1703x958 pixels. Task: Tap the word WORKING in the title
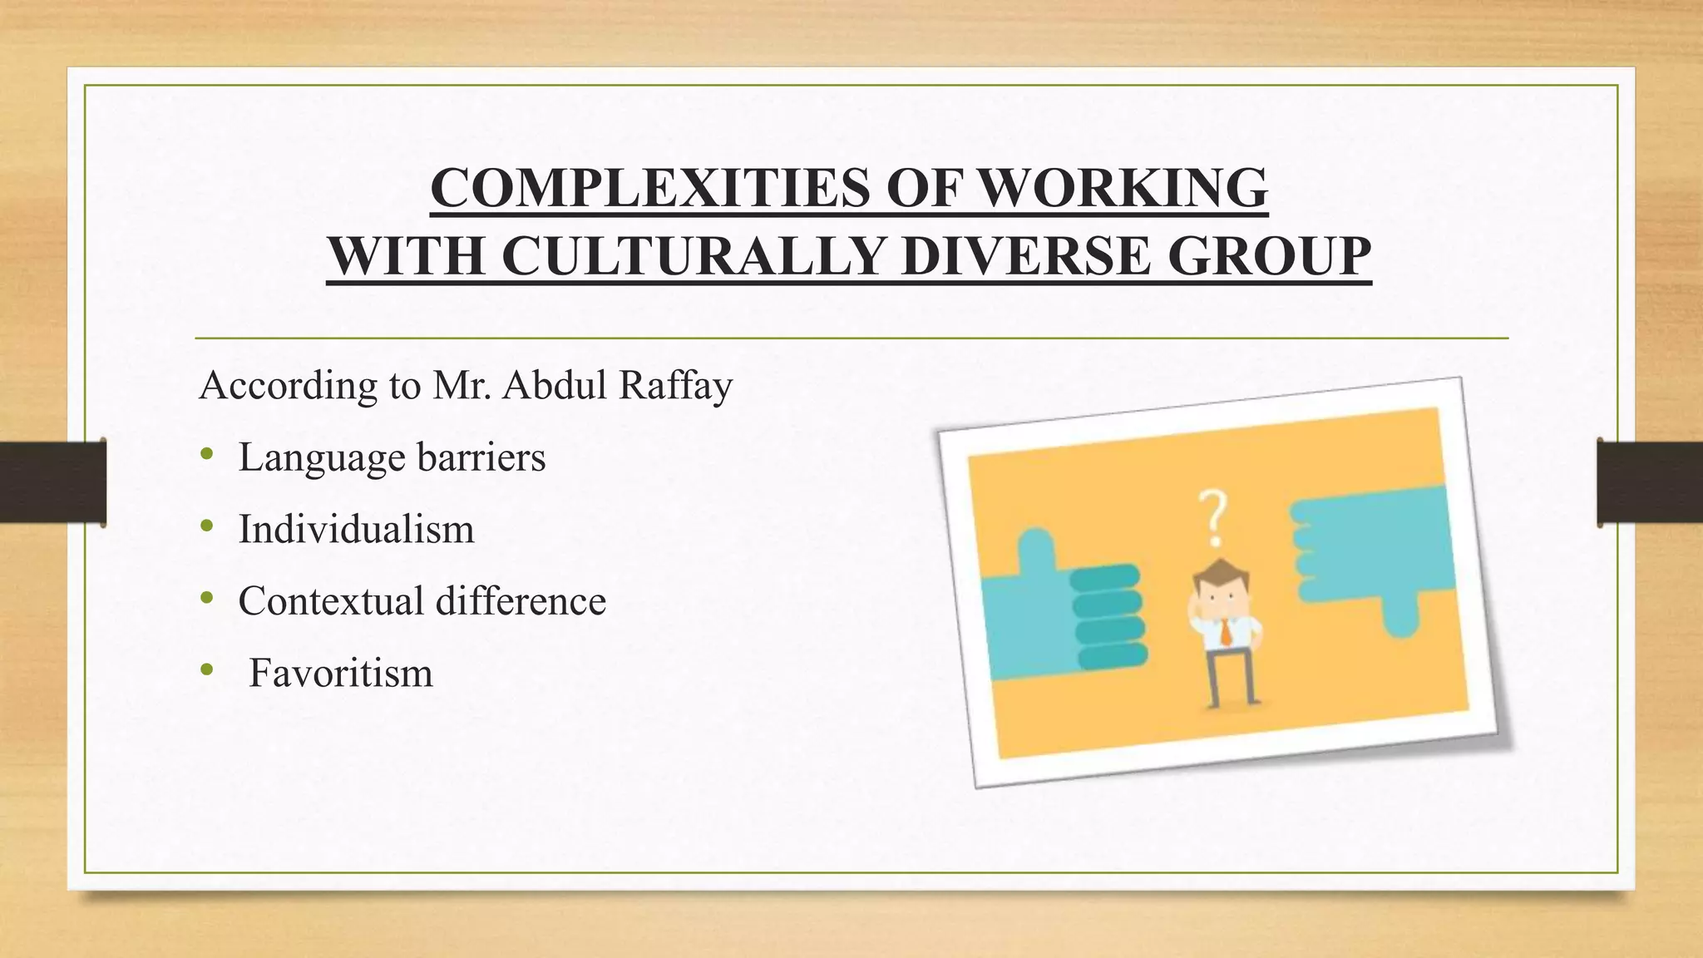pyautogui.click(x=1123, y=188)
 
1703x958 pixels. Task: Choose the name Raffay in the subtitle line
pyautogui.click(x=674, y=385)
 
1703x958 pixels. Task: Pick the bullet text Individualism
pyautogui.click(x=356, y=529)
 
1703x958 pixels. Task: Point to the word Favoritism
pyautogui.click(x=341, y=673)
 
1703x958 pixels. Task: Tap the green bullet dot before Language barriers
pyautogui.click(x=207, y=455)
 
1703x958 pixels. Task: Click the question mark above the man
pyautogui.click(x=1213, y=517)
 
